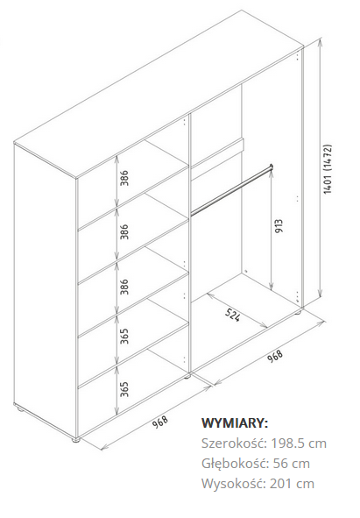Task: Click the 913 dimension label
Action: tap(279, 225)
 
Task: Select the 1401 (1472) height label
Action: tap(328, 169)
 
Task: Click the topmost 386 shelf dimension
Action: tap(124, 178)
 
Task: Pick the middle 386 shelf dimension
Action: tap(124, 231)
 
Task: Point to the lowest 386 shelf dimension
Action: tap(124, 287)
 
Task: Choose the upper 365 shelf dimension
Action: tap(124, 336)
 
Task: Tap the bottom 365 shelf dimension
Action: tap(124, 389)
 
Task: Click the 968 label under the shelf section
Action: tap(160, 422)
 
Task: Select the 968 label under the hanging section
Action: tap(275, 356)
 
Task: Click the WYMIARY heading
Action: tap(235, 422)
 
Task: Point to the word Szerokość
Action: tap(234, 443)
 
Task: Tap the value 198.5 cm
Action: tap(299, 443)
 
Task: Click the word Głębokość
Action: tap(235, 463)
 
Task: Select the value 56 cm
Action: tap(292, 464)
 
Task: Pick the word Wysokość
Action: tap(234, 484)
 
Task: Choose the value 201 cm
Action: tap(292, 484)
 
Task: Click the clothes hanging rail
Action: tap(231, 189)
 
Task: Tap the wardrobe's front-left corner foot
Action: tap(75, 440)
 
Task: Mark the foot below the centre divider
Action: tap(187, 376)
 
